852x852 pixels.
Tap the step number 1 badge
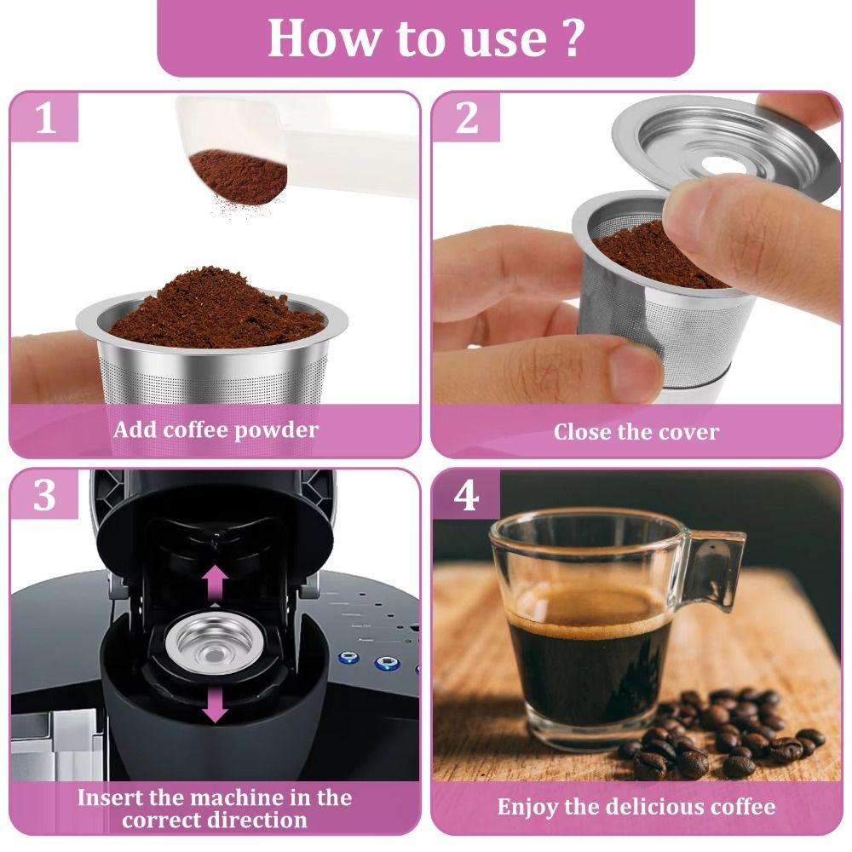coord(45,119)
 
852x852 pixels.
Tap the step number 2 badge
coord(466,119)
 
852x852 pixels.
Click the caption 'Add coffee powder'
coord(216,429)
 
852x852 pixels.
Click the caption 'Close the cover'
coord(636,431)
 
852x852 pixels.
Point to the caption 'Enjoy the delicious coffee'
coord(636,806)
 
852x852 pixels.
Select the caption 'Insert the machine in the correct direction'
coord(215,809)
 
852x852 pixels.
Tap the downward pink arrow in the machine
coord(216,704)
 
